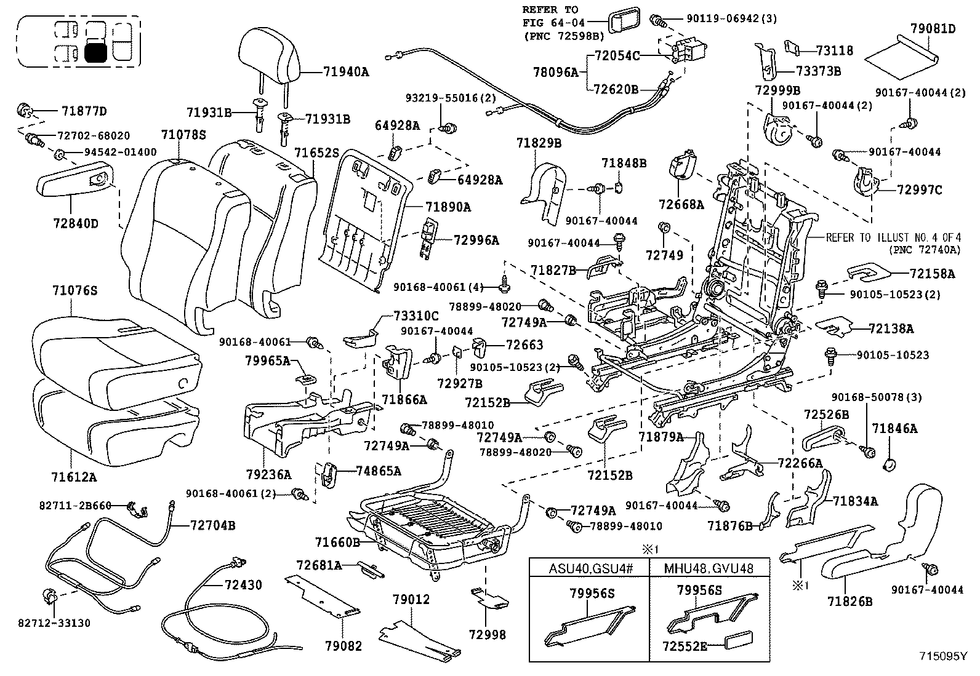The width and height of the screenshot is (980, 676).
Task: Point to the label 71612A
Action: (x=74, y=477)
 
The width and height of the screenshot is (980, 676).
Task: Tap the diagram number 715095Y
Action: (x=944, y=656)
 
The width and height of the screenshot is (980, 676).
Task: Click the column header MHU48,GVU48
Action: (x=709, y=568)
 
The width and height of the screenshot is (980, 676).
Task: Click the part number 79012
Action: (x=411, y=599)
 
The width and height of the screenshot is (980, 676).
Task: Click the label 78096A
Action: (x=556, y=73)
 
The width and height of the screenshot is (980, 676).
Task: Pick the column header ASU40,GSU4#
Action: (x=589, y=568)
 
